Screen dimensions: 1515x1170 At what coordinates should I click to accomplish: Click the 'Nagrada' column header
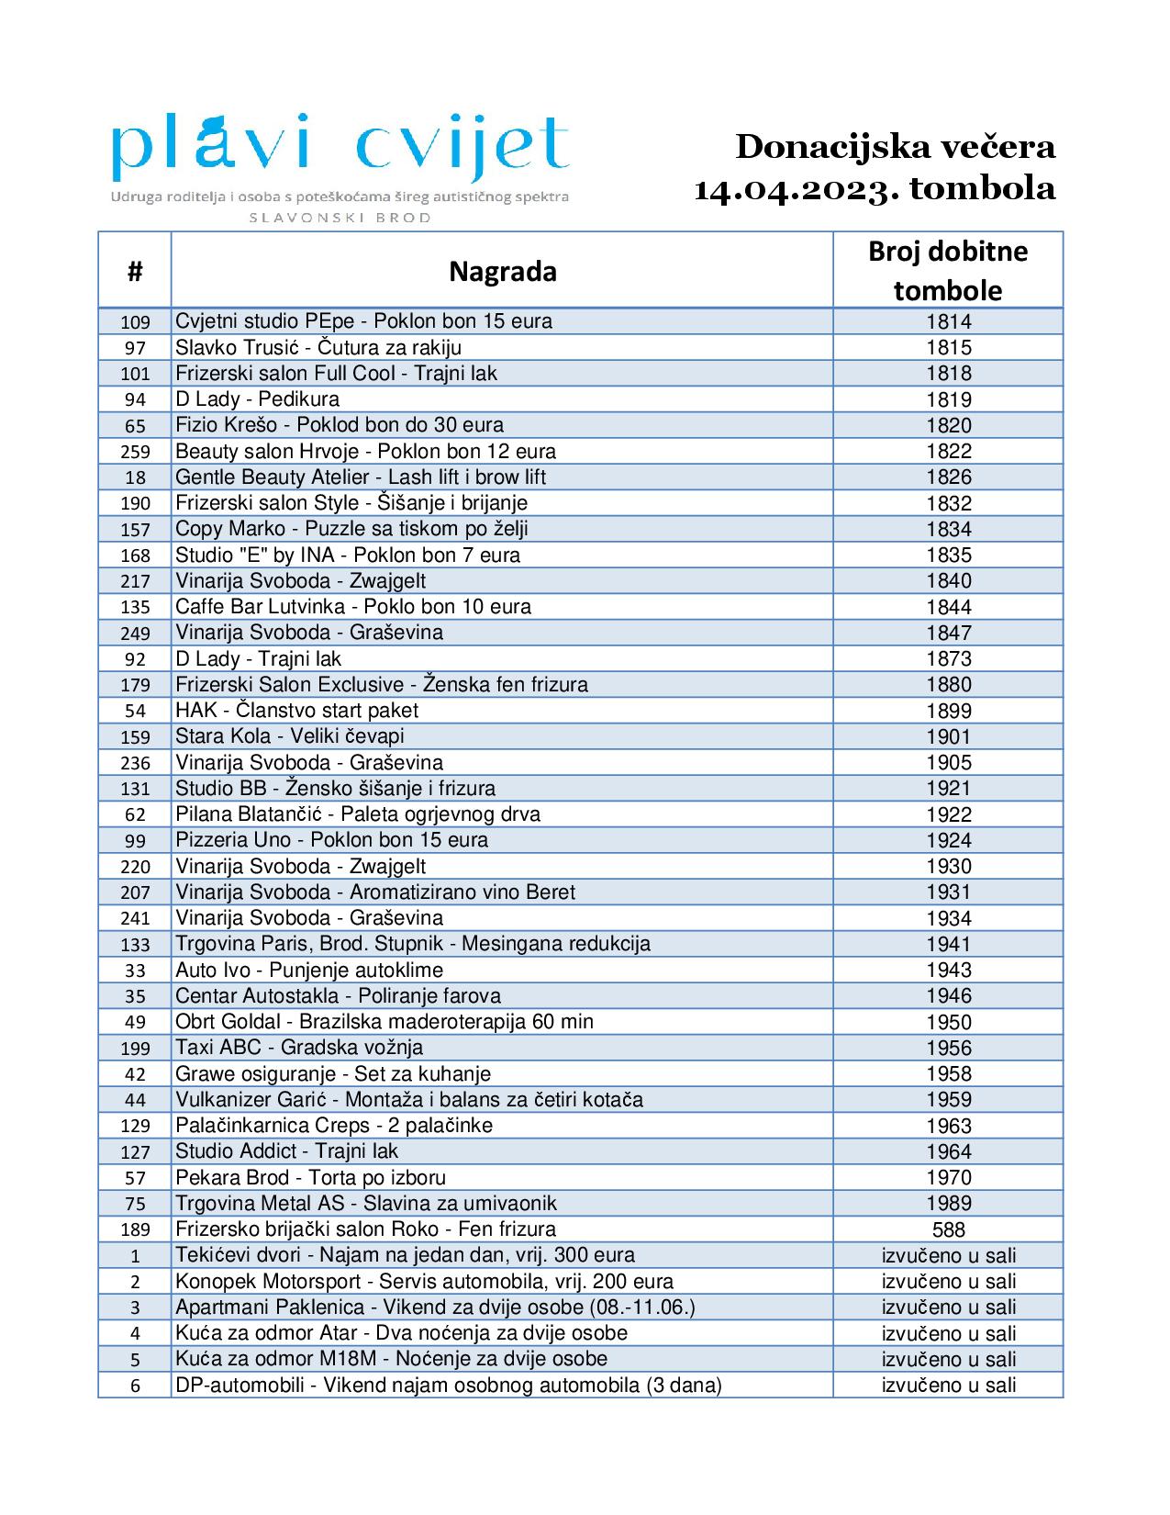pos(502,272)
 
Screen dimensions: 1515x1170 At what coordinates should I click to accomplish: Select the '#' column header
pos(135,272)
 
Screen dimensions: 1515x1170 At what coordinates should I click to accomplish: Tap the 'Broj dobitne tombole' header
pos(948,271)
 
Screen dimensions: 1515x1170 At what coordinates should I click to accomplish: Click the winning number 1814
pos(948,321)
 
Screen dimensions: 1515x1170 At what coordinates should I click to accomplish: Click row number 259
pos(135,452)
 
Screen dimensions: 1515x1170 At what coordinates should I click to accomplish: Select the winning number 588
pos(948,1229)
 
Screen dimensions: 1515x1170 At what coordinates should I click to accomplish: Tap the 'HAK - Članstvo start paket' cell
pos(296,711)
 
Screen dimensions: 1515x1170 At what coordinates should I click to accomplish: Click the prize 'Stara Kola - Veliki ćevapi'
pos(290,736)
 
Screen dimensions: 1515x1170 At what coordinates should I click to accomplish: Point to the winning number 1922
pos(948,814)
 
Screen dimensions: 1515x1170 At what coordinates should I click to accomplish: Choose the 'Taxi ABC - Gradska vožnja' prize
pos(299,1048)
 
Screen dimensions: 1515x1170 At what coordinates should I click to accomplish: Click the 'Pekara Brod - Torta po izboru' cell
pos(310,1177)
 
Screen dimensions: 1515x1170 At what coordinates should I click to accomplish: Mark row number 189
pos(135,1229)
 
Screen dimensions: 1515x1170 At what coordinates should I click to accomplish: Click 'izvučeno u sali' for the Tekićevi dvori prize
pos(948,1255)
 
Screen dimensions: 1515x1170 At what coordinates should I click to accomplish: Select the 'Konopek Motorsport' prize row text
pos(424,1282)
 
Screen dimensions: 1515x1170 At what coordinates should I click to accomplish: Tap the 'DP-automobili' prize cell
pos(449,1386)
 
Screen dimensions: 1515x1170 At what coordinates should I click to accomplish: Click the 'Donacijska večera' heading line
pos(895,147)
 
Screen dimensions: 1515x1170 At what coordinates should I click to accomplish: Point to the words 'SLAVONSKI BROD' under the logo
pos(340,218)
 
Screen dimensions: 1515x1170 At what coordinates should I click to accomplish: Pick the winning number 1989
pos(948,1204)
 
